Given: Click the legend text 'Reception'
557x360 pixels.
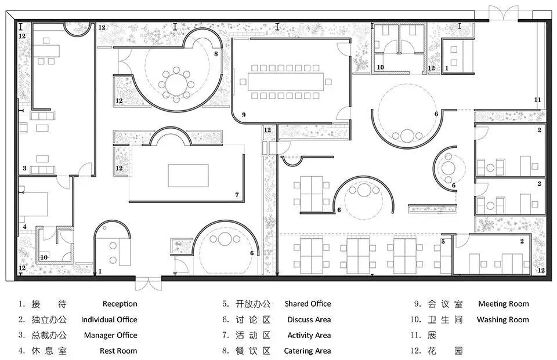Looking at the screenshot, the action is pyautogui.click(x=120, y=304).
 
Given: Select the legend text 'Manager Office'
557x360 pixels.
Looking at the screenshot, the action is pyautogui.click(x=110, y=335).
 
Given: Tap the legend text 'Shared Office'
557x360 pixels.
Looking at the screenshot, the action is pyautogui.click(x=308, y=304).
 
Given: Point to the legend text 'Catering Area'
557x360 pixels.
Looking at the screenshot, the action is pyautogui.click(x=308, y=351).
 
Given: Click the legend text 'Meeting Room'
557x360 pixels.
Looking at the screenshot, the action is pyautogui.click(x=504, y=304).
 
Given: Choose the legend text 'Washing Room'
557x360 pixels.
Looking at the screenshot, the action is pyautogui.click(x=502, y=319).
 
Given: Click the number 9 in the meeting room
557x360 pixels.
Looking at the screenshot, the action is pyautogui.click(x=243, y=115).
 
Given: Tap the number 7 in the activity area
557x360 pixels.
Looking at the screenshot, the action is pyautogui.click(x=237, y=195).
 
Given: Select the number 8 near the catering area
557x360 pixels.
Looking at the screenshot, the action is pyautogui.click(x=216, y=54).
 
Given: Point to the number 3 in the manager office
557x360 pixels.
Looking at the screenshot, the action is pyautogui.click(x=24, y=168).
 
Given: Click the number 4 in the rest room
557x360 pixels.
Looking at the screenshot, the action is pyautogui.click(x=24, y=227).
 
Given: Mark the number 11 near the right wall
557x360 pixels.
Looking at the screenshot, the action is pyautogui.click(x=537, y=100).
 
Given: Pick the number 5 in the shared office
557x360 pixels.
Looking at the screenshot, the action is pyautogui.click(x=443, y=241).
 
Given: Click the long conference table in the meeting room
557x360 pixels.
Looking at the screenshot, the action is pyautogui.click(x=285, y=82).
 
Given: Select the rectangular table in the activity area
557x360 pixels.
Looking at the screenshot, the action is pyautogui.click(x=188, y=176).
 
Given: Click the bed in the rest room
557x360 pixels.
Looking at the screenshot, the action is pyautogui.click(x=33, y=204).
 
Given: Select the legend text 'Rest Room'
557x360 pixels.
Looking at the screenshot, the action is pyautogui.click(x=118, y=351).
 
